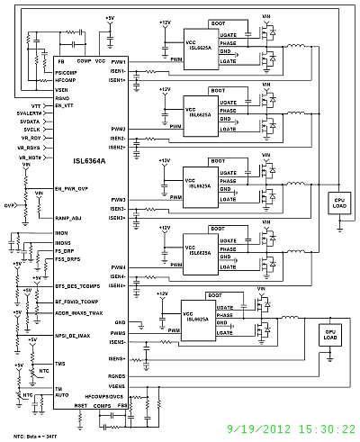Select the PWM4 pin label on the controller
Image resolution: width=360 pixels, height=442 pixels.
118,266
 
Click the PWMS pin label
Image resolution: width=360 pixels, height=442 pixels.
118,333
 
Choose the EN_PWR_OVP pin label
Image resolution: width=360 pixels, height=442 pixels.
71,189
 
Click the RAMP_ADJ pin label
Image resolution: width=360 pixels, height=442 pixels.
67,219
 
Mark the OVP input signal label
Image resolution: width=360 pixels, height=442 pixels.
9,204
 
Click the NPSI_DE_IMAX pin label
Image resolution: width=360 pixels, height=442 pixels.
73,335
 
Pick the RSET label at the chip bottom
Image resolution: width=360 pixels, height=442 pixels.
80,405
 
